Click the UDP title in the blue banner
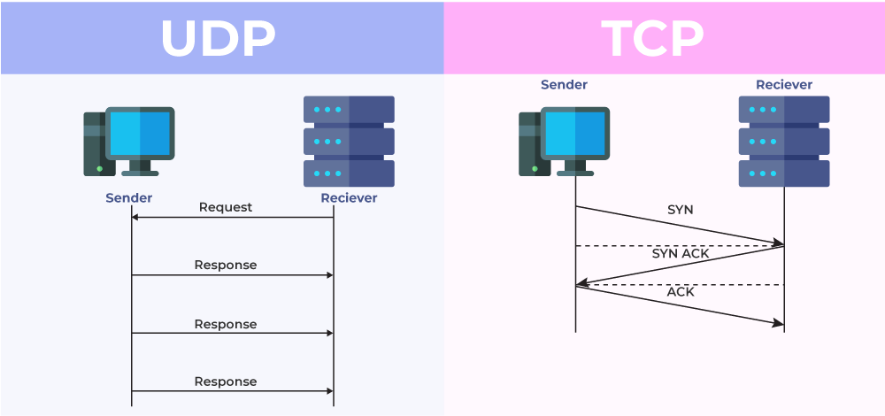218,38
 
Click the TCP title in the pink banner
652,38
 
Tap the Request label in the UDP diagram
226,207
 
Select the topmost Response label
226,265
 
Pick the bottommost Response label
226,381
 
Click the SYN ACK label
681,253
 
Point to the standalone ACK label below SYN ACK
681,291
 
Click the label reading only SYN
681,210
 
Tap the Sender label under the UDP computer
129,197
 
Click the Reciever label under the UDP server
349,197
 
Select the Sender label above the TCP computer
564,85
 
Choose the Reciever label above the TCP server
784,85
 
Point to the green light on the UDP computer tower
99,168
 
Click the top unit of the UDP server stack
349,109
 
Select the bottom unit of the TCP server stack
784,173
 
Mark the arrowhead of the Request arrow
136,217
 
